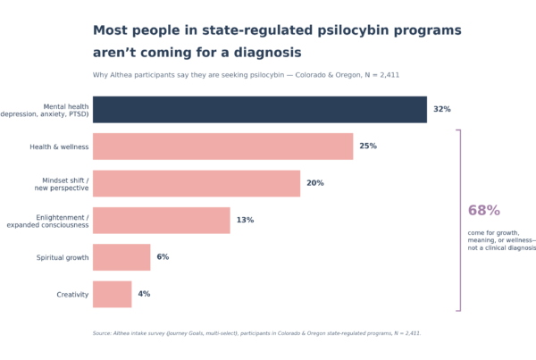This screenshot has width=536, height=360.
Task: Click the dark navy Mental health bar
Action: [x=259, y=109]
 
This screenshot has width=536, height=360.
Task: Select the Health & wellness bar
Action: [x=222, y=146]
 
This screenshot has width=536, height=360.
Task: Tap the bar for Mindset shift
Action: [x=197, y=183]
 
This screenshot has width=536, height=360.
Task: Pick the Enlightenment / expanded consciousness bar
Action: [x=161, y=220]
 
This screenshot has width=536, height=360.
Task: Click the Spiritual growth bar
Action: [x=121, y=257]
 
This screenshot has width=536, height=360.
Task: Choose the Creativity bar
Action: [x=112, y=294]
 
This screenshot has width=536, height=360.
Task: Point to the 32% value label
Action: [x=441, y=109]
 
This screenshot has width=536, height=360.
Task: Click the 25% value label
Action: [x=368, y=146]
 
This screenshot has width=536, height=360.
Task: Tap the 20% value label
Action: [x=314, y=183]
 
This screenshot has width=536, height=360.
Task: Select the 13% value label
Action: [x=245, y=220]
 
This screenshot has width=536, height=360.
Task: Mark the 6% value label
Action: [x=163, y=257]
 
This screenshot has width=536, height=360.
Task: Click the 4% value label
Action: [x=144, y=294]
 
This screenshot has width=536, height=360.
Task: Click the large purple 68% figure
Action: [x=483, y=211]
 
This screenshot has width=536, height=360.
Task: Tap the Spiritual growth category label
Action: [x=63, y=257]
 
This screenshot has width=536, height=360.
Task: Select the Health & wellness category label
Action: [x=60, y=146]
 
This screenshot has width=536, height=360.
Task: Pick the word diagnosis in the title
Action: [x=256, y=53]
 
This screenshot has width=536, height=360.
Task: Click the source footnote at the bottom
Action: [x=256, y=333]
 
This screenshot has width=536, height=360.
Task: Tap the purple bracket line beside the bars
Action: [x=460, y=220]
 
